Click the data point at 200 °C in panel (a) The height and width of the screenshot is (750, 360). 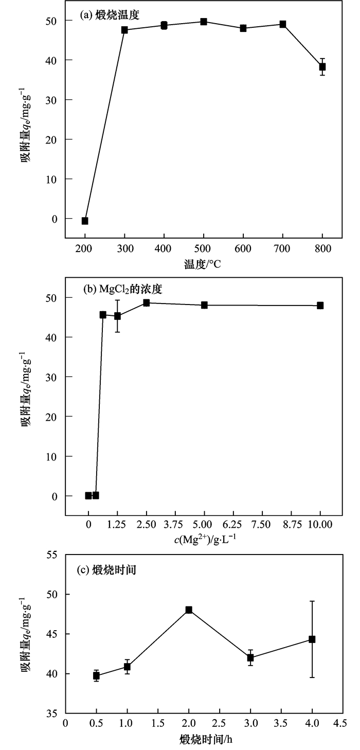85,221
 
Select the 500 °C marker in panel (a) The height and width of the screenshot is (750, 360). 204,22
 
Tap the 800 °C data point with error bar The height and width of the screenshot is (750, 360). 322,67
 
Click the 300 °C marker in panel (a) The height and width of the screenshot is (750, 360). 124,30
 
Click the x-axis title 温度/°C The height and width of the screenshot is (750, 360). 203,265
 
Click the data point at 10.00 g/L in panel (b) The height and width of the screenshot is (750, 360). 320,306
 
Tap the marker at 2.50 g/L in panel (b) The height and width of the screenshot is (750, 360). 146,303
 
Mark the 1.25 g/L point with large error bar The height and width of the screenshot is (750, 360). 117,316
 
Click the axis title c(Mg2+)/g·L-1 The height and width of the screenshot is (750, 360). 204,539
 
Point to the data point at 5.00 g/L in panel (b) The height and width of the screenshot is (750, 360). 204,305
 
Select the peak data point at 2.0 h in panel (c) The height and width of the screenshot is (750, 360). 189,610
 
